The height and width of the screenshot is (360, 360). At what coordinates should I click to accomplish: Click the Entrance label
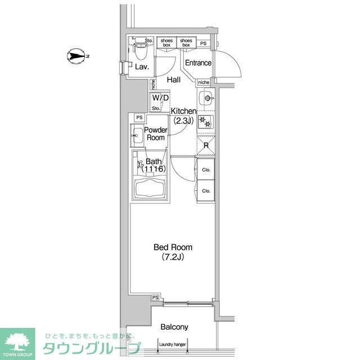pyautogui.click(x=198, y=63)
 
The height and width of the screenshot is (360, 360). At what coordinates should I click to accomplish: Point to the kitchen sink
pyautogui.click(x=207, y=99)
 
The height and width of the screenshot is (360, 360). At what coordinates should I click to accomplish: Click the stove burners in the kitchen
pyautogui.click(x=206, y=123)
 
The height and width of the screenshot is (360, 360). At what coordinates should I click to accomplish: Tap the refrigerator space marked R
pyautogui.click(x=206, y=146)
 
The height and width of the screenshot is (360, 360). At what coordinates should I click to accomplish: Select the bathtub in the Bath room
pyautogui.click(x=149, y=186)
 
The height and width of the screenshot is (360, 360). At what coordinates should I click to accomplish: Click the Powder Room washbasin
pyautogui.click(x=137, y=136)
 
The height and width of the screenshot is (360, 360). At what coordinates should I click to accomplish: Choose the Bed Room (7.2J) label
pyautogui.click(x=173, y=251)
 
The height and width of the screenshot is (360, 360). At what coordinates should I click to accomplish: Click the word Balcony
pyautogui.click(x=174, y=327)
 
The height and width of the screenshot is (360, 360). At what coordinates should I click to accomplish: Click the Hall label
pyautogui.click(x=173, y=80)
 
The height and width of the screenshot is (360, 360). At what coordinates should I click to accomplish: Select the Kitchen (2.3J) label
pyautogui.click(x=183, y=115)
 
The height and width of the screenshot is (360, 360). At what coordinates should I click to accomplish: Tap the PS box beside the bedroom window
pyautogui.click(x=155, y=298)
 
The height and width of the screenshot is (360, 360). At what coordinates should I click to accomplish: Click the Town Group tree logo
pyautogui.click(x=17, y=339)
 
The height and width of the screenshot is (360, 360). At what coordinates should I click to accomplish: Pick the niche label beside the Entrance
pyautogui.click(x=203, y=82)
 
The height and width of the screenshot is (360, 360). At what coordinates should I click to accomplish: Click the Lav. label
pyautogui.click(x=141, y=67)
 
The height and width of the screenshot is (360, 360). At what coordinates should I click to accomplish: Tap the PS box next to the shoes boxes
pyautogui.click(x=203, y=43)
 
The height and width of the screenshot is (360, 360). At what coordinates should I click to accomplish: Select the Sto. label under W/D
pyautogui.click(x=156, y=108)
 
